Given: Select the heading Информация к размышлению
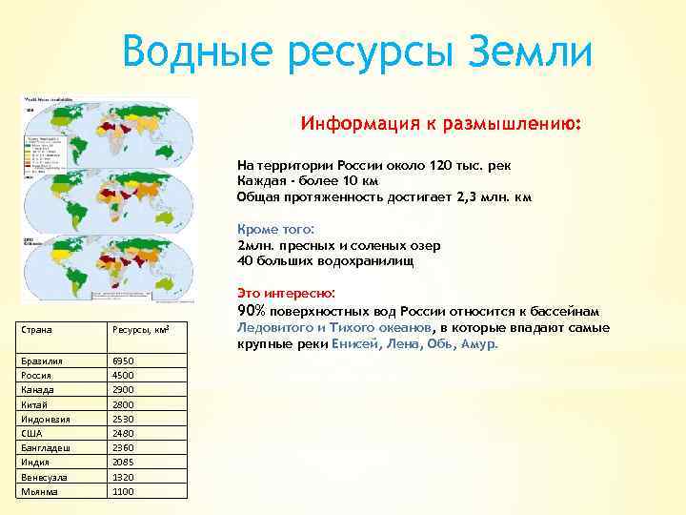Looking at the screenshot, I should (441, 124).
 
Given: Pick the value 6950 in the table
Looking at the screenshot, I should (124, 361).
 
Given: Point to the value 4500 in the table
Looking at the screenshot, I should (124, 376).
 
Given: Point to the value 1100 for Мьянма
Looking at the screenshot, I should (124, 492).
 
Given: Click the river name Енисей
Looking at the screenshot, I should (354, 344).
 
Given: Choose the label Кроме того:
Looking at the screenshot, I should (275, 229).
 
